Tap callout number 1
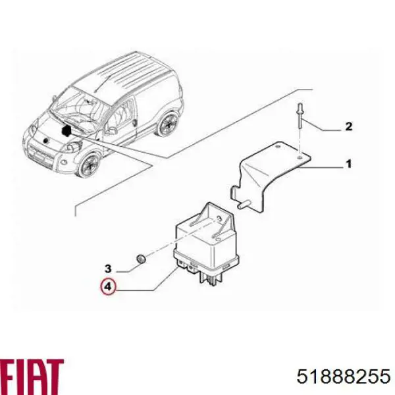[x=349, y=165]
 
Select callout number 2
[x=349, y=127]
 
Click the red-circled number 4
[x=108, y=288]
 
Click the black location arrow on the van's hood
[x=66, y=132]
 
